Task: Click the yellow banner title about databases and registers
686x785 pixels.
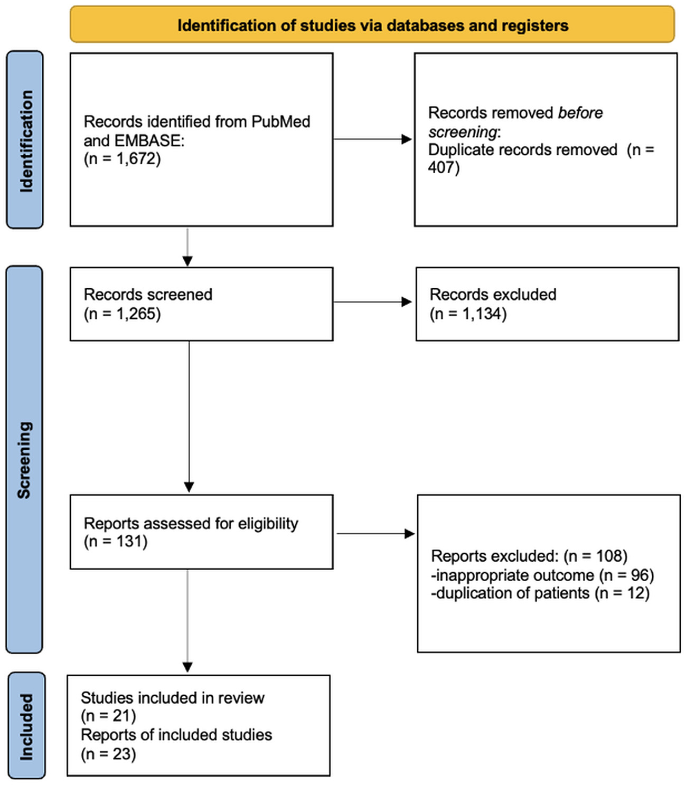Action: point(372,25)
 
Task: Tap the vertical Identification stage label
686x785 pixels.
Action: point(25,140)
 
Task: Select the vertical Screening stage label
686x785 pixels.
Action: point(24,459)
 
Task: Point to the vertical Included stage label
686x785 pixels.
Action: point(25,726)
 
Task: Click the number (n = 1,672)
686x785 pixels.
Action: point(122,158)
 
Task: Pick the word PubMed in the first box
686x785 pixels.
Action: point(280,121)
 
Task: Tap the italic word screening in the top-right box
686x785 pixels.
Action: point(463,131)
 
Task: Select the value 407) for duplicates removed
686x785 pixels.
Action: point(444,167)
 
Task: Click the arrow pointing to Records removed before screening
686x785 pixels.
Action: point(372,139)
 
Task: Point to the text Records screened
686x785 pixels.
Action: point(148,294)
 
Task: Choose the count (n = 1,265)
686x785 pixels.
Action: point(122,314)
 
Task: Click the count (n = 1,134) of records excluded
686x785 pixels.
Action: point(468,314)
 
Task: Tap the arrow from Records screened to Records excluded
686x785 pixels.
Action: point(372,302)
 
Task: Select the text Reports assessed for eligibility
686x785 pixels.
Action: point(191,523)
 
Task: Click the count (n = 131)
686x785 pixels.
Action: point(115,541)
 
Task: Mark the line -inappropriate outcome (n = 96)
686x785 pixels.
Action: point(542,574)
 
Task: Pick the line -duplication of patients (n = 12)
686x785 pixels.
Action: point(540,593)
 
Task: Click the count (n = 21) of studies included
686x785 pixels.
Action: point(108,716)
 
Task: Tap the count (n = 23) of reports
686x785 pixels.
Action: point(108,754)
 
